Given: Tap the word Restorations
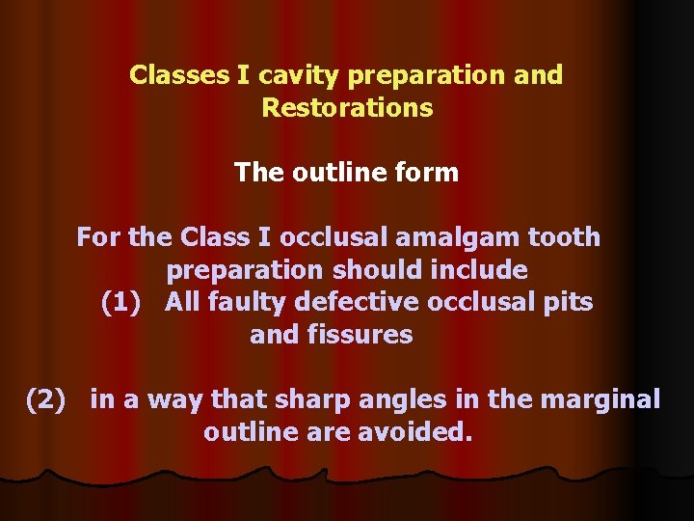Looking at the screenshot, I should [x=347, y=107].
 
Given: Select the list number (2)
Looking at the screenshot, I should [x=44, y=399].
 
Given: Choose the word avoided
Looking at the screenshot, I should [x=421, y=432].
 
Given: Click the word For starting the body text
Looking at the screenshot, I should [x=98, y=237].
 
